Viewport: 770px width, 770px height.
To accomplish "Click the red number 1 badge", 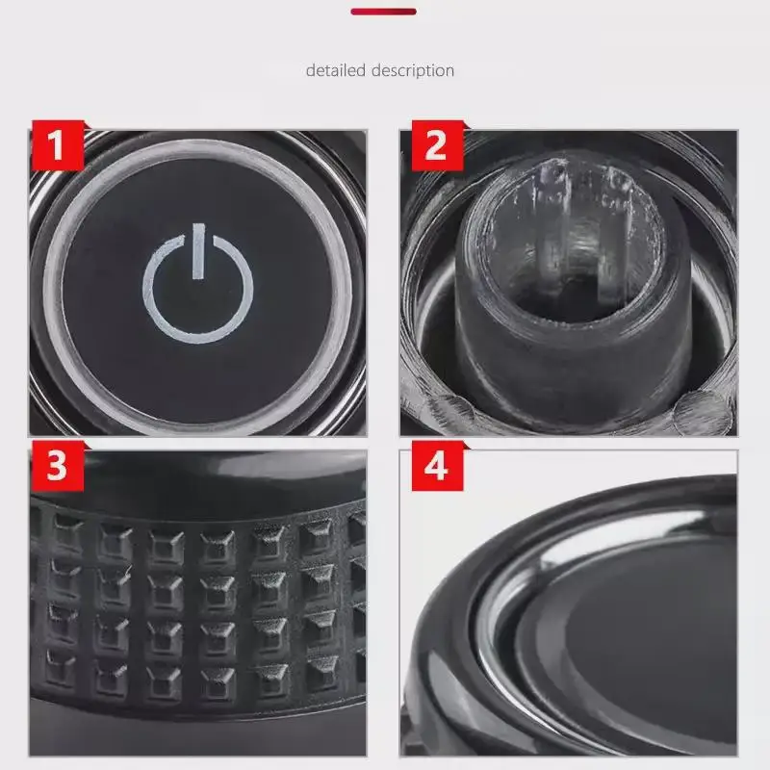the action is tap(58, 145).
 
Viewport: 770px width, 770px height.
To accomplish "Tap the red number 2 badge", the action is tap(437, 145).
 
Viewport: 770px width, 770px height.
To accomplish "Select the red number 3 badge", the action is tap(58, 466).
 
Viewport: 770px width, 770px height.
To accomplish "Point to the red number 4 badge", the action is tap(437, 466).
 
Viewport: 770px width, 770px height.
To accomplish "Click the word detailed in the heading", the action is tap(335, 70).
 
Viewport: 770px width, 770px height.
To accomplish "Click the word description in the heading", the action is tap(413, 70).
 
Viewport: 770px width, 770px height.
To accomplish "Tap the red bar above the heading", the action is tap(383, 12).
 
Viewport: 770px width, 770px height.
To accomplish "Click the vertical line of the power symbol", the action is tap(198, 251).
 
